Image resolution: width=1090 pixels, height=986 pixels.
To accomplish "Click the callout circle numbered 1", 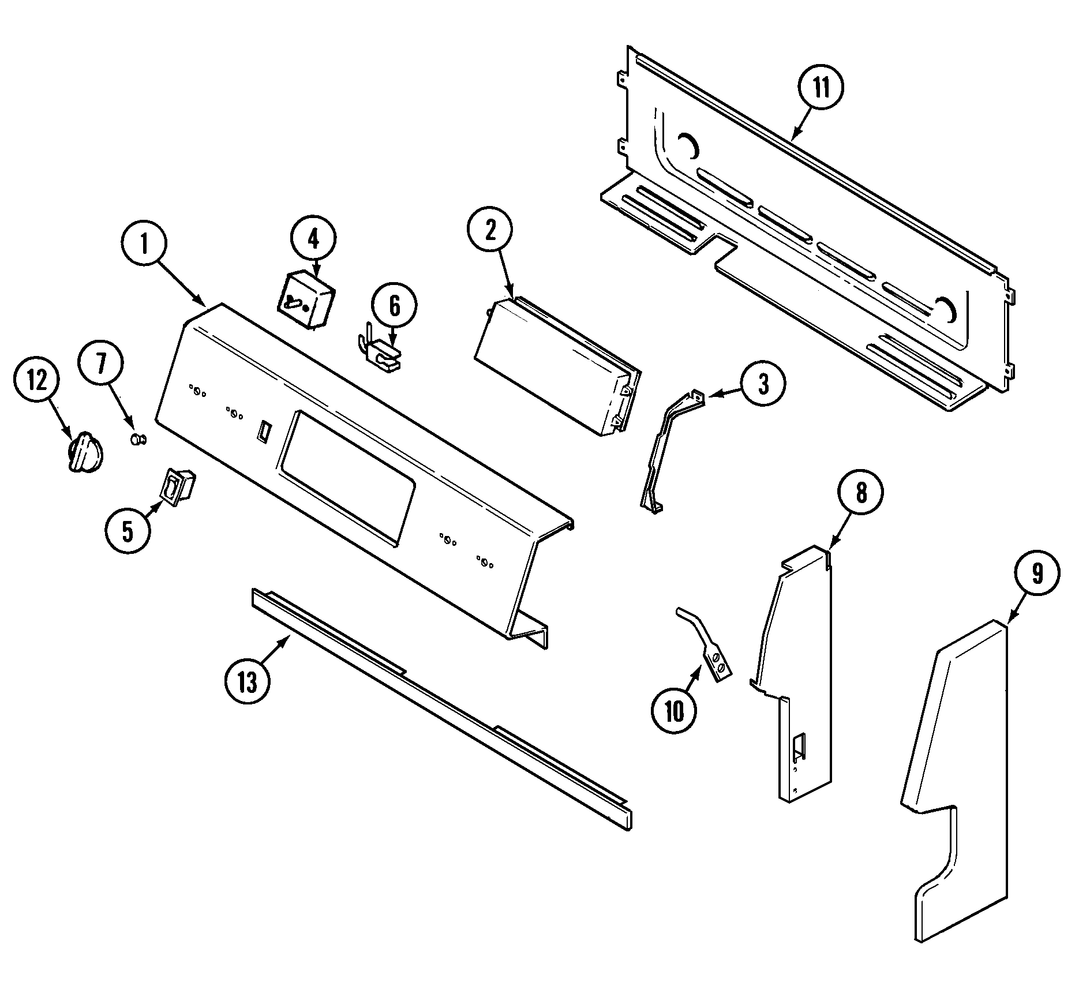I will point(144,244).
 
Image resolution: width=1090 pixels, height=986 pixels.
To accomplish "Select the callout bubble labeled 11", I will point(821,88).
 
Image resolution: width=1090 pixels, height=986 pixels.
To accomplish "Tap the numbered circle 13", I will point(248,683).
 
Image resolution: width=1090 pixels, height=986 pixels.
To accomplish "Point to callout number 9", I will point(1037,573).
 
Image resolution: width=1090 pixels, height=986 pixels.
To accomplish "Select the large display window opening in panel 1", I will point(346,477).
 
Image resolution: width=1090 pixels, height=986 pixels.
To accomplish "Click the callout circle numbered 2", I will point(490,231).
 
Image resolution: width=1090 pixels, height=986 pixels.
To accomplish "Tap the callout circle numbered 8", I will point(860,494).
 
